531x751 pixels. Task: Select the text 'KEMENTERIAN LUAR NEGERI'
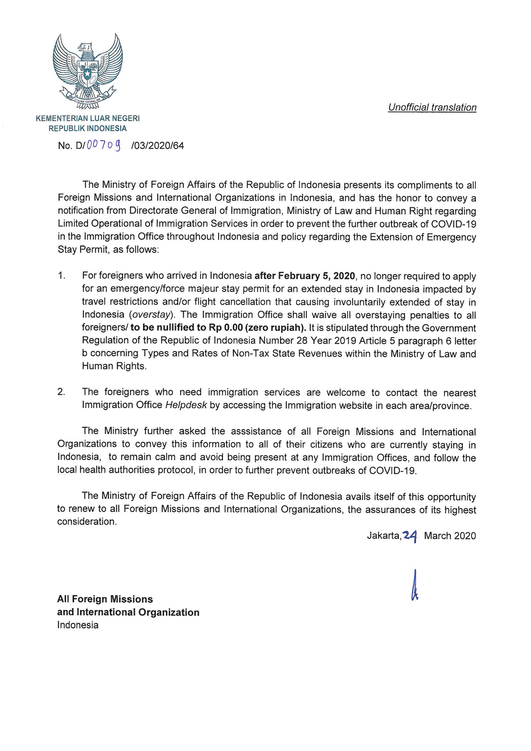click(88, 118)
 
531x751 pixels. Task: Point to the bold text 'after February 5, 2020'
click(304, 276)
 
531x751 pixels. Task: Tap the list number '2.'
click(61, 392)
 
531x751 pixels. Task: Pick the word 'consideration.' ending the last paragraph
click(87, 521)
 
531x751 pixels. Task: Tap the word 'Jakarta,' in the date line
click(384, 536)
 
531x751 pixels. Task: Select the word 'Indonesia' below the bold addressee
click(78, 625)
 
